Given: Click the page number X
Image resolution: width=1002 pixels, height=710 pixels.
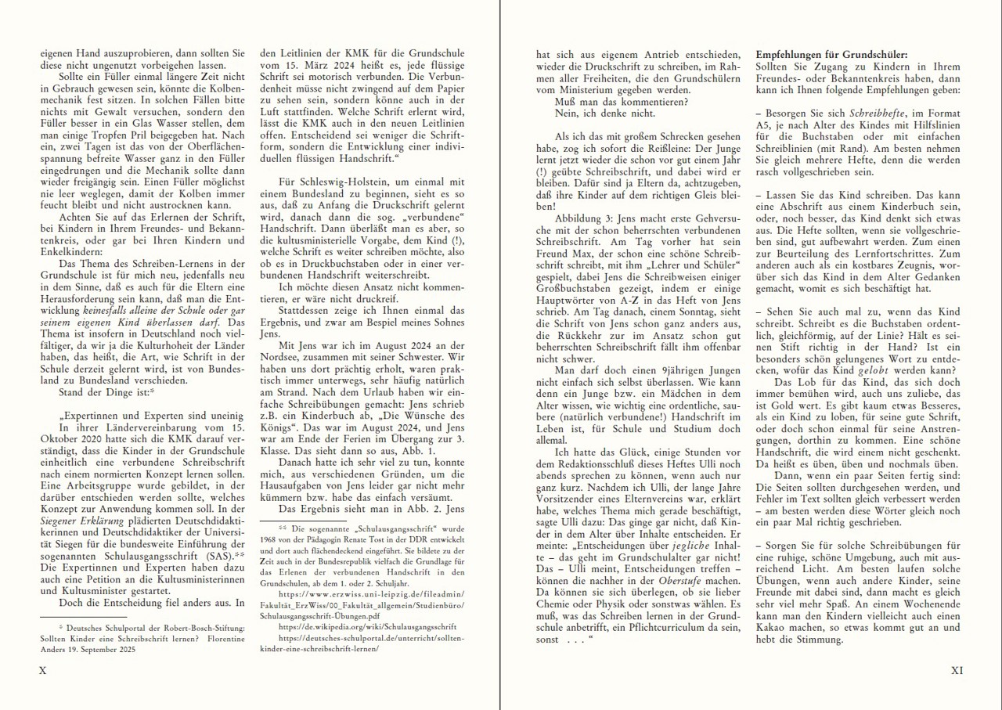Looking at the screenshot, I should tap(43, 671).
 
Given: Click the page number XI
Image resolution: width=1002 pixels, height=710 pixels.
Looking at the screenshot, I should tap(957, 671).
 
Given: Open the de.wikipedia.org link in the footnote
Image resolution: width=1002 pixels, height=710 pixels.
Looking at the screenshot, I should tap(352, 627).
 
